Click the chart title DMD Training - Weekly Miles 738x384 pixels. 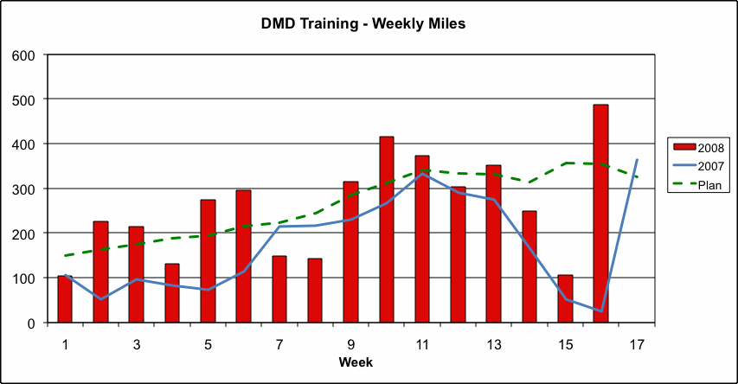coord(363,24)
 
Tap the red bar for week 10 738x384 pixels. coord(387,230)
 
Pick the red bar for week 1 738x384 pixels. coord(65,299)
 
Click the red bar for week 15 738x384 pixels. coord(565,299)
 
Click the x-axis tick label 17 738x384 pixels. coord(637,344)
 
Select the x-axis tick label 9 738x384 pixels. coord(351,344)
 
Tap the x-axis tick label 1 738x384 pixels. coord(65,344)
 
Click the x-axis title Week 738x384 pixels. coord(356,362)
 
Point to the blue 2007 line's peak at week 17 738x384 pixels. coord(637,160)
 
